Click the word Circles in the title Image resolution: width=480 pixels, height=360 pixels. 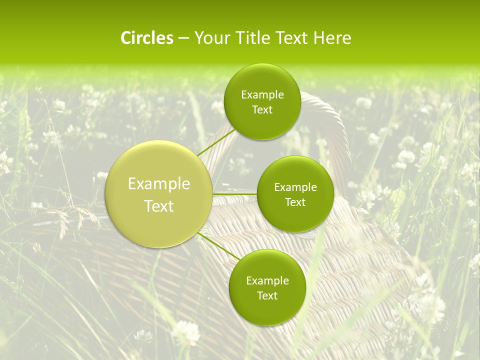pos(146,38)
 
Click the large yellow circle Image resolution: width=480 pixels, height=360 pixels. pos(159,194)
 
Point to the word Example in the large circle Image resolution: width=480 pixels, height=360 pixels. pos(159,184)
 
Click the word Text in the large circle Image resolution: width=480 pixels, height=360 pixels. pos(159,206)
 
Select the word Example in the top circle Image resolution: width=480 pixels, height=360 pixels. pos(262,95)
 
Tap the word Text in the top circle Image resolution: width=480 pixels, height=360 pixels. pos(262,110)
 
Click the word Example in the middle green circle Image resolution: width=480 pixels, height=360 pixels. pos(295,187)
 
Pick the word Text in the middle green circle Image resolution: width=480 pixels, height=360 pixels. pos(295,202)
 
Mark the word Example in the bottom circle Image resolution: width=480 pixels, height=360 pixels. pos(267,281)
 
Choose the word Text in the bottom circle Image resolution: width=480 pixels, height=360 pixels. pos(267,296)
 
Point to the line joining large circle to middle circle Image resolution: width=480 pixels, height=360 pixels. pos(234,193)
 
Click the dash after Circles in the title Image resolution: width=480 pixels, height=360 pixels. pos(183,38)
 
